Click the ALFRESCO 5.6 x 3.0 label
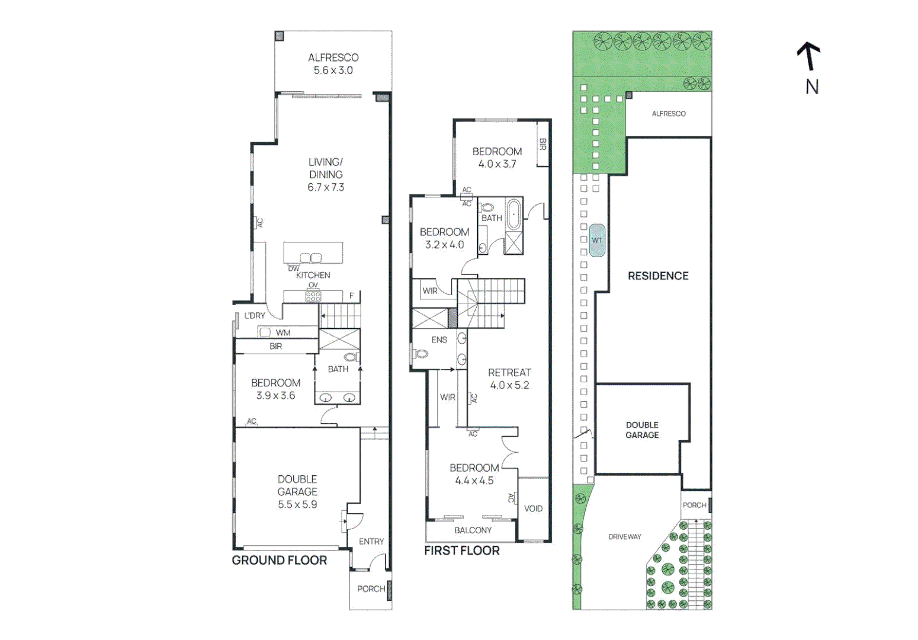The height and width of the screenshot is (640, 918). [333, 64]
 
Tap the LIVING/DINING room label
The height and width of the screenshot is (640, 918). [326, 174]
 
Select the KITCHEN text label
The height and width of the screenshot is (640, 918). [313, 275]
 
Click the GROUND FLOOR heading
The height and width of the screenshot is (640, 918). [279, 561]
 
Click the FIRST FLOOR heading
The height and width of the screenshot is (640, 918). [461, 551]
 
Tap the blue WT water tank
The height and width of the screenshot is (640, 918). [597, 240]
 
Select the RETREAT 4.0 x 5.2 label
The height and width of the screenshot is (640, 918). [509, 379]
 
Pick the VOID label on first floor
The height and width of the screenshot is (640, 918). [533, 508]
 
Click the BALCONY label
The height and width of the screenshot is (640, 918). [473, 530]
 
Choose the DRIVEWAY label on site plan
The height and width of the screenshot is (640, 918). [625, 537]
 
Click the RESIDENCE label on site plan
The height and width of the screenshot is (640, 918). [658, 276]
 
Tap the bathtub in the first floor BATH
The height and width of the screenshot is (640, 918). [513, 215]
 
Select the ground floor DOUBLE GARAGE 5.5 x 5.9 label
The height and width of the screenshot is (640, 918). [297, 492]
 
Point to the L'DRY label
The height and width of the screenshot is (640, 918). [255, 316]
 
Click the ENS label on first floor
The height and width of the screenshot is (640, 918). [439, 340]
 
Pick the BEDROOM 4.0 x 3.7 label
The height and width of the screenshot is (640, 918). [497, 158]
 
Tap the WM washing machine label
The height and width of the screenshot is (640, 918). [283, 333]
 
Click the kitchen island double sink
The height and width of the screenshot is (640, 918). [310, 258]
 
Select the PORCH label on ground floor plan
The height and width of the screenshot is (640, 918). [371, 588]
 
